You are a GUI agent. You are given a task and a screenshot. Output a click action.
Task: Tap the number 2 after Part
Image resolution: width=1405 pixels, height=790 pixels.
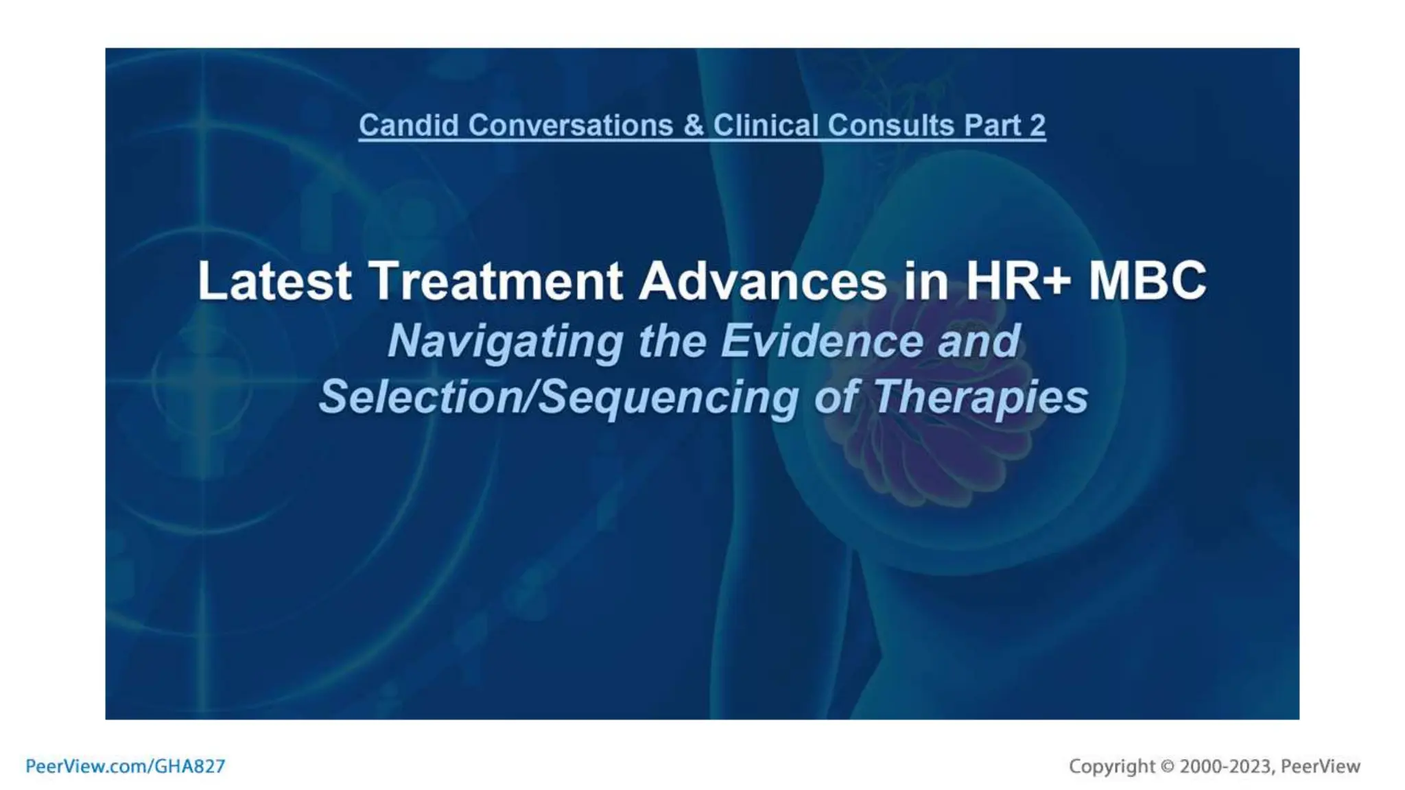[1037, 125]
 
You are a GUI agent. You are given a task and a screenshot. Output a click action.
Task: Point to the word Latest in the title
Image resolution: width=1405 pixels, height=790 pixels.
[274, 281]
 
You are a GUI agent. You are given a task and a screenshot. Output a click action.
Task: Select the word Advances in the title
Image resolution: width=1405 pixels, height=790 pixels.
[762, 281]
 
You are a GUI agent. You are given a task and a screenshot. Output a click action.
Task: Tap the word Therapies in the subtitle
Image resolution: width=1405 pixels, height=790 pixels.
[980, 397]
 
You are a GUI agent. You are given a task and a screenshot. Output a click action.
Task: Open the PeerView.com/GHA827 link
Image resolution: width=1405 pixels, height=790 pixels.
[125, 766]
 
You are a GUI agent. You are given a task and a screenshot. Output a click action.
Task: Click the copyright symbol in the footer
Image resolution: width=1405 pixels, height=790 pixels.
[1167, 766]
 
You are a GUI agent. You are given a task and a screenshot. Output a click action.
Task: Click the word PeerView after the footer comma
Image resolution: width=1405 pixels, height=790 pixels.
[1320, 766]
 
